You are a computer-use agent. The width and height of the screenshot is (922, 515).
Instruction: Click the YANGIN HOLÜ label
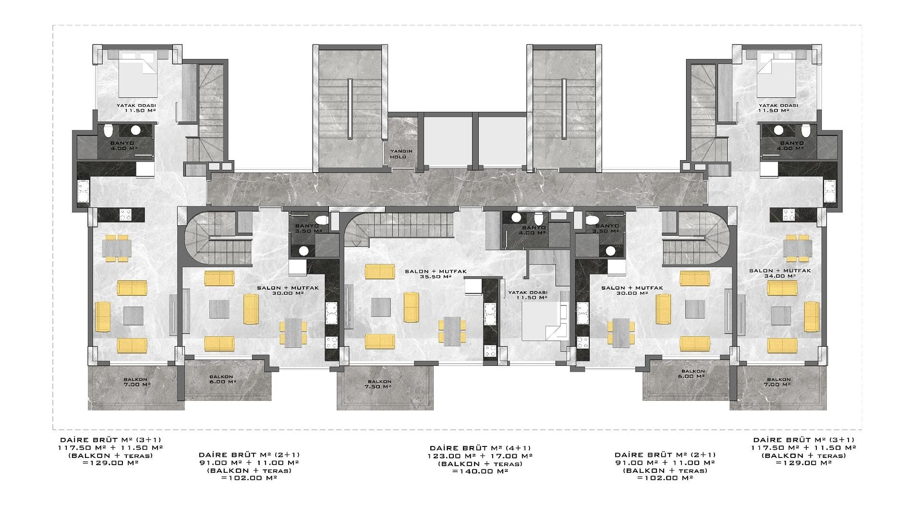pos(401,154)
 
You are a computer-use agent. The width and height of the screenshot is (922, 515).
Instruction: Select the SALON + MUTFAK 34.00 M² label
pos(780,273)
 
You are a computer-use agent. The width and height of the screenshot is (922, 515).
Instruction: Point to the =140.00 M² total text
pos(480,471)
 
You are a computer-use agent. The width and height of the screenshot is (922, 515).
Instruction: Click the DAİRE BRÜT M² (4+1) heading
pos(480,448)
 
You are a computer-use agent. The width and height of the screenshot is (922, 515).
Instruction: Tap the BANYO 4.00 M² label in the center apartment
pos(534,230)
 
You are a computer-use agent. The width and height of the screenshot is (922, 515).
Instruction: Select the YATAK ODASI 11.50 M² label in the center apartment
pos(528,294)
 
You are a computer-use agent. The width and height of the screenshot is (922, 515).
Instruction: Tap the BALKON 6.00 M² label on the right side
pos(693,374)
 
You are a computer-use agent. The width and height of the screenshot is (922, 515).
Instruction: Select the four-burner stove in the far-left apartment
pos(125,214)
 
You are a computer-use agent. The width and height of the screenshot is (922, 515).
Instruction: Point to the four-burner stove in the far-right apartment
pos(789,214)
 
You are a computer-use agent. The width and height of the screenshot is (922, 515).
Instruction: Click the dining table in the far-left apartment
pos(116,248)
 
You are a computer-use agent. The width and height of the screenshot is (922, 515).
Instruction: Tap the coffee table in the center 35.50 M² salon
pos(380,307)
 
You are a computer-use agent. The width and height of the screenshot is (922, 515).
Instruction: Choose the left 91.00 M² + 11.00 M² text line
pos(249,463)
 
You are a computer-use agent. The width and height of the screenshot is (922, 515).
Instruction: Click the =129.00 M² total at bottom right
pos(803,463)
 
